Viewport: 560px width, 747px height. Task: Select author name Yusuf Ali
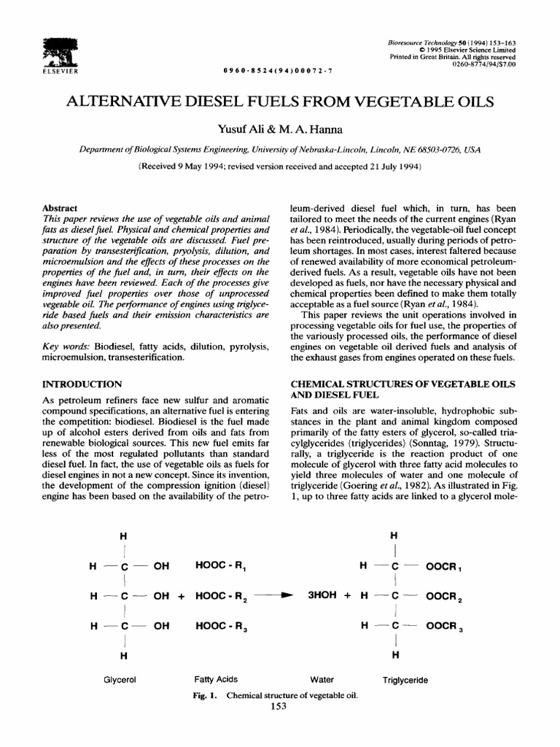(x=243, y=130)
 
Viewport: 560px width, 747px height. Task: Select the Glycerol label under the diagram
(x=122, y=679)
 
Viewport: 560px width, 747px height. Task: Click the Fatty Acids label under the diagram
(x=216, y=679)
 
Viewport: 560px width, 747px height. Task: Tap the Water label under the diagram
(x=322, y=679)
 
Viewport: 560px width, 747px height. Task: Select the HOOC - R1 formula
(x=223, y=565)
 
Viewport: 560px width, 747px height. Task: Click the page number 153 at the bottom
(x=279, y=706)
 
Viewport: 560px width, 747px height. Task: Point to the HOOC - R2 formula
(x=224, y=596)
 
